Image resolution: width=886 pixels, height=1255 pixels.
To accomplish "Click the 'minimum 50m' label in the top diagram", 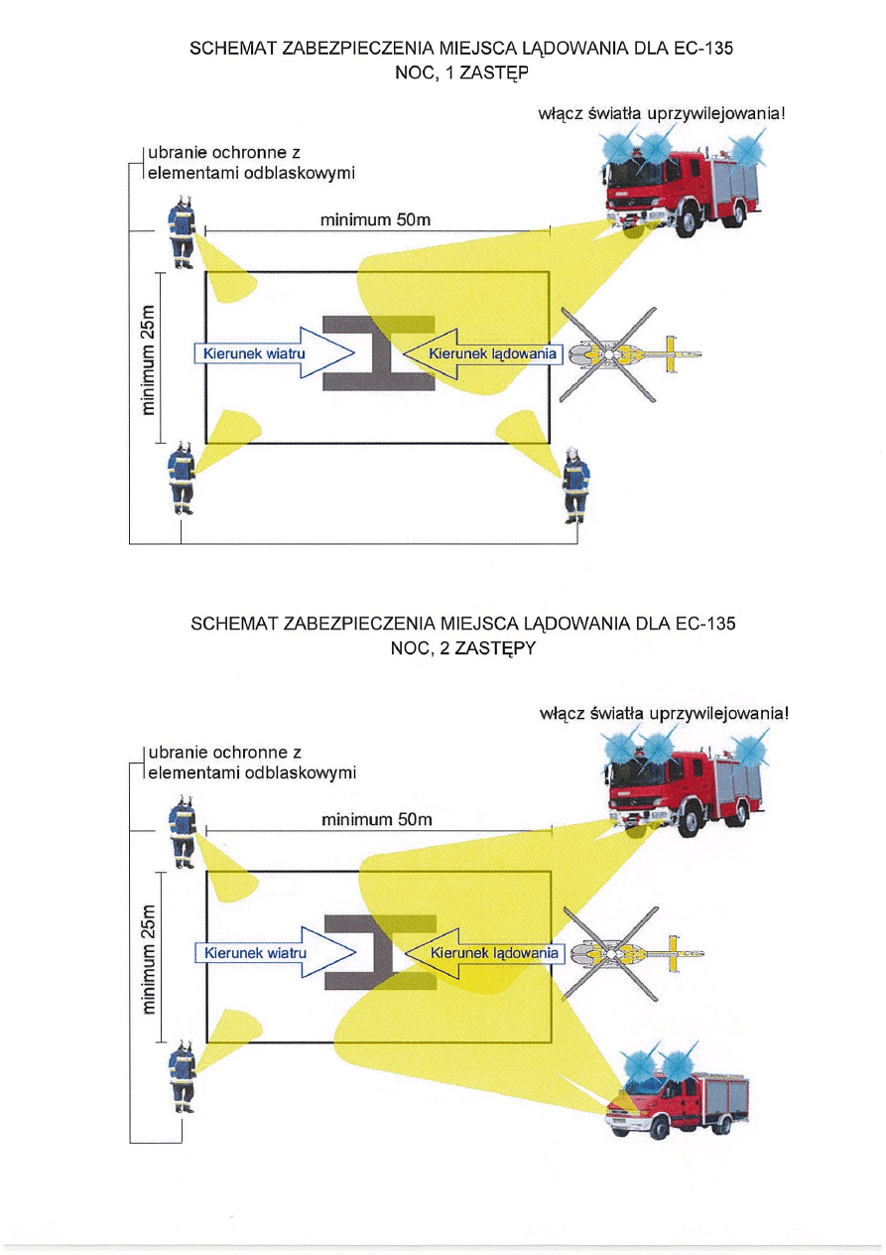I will pyautogui.click(x=375, y=219).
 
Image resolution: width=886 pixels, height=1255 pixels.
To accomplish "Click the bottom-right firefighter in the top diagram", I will pyautogui.click(x=575, y=484).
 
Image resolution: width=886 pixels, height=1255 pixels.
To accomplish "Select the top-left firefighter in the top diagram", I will pyautogui.click(x=181, y=233).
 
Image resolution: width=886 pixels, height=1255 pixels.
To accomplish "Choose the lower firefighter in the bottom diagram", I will pyautogui.click(x=181, y=1076).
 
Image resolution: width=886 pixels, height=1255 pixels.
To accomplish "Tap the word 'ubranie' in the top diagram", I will pyautogui.click(x=177, y=155).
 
